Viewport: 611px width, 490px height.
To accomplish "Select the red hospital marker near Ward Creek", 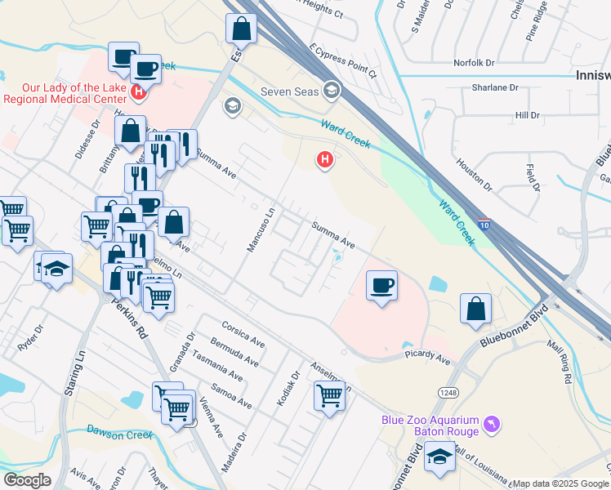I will pos(325,158).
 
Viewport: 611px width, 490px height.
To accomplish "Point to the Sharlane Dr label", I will pos(495,87).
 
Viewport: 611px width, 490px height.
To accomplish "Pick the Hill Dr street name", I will pos(528,115).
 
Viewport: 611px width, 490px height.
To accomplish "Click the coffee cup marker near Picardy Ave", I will pos(381,286).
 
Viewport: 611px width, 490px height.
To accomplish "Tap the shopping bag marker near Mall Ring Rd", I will pos(475,309).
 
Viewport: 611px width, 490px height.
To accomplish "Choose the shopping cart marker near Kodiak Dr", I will pos(329,396).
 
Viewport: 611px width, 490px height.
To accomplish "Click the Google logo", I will pos(27,480).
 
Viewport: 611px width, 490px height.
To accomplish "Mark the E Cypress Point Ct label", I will pos(342,61).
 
